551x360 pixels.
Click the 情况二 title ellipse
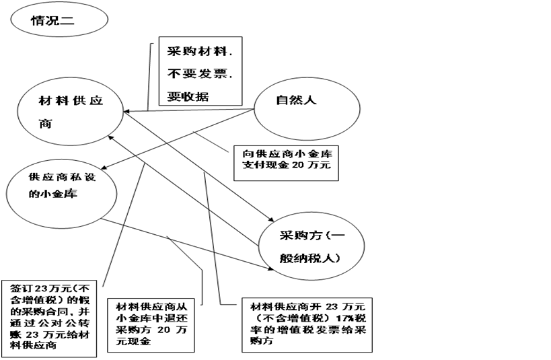pyautogui.click(x=59, y=20)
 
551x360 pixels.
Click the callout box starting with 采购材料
pyautogui.click(x=200, y=71)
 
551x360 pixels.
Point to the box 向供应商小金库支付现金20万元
pyautogui.click(x=286, y=164)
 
